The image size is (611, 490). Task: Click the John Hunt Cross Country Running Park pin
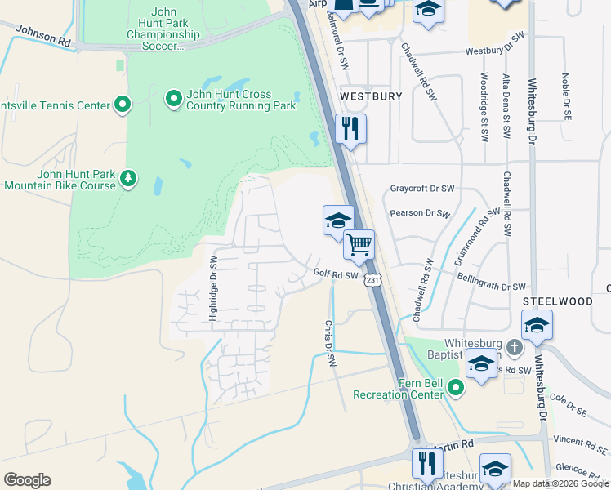coord(173,100)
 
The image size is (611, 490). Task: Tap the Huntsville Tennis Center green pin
coord(123,105)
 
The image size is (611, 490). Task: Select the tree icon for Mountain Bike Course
coord(127,178)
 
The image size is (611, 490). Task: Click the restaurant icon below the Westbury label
coord(350,129)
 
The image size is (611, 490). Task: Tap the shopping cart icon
coord(359,244)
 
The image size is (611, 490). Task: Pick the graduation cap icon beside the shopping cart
coord(338,220)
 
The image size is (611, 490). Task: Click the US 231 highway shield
coord(372,280)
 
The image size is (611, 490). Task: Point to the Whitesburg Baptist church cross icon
coord(514,348)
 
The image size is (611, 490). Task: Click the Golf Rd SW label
coord(336,275)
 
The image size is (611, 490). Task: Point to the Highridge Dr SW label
coord(212,288)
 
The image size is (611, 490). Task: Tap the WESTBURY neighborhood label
coord(371,96)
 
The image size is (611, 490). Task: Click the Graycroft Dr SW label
coord(421,188)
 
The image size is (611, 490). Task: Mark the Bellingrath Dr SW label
coord(491,287)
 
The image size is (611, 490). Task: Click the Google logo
coord(27,479)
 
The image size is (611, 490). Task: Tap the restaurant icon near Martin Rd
coord(426,463)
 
